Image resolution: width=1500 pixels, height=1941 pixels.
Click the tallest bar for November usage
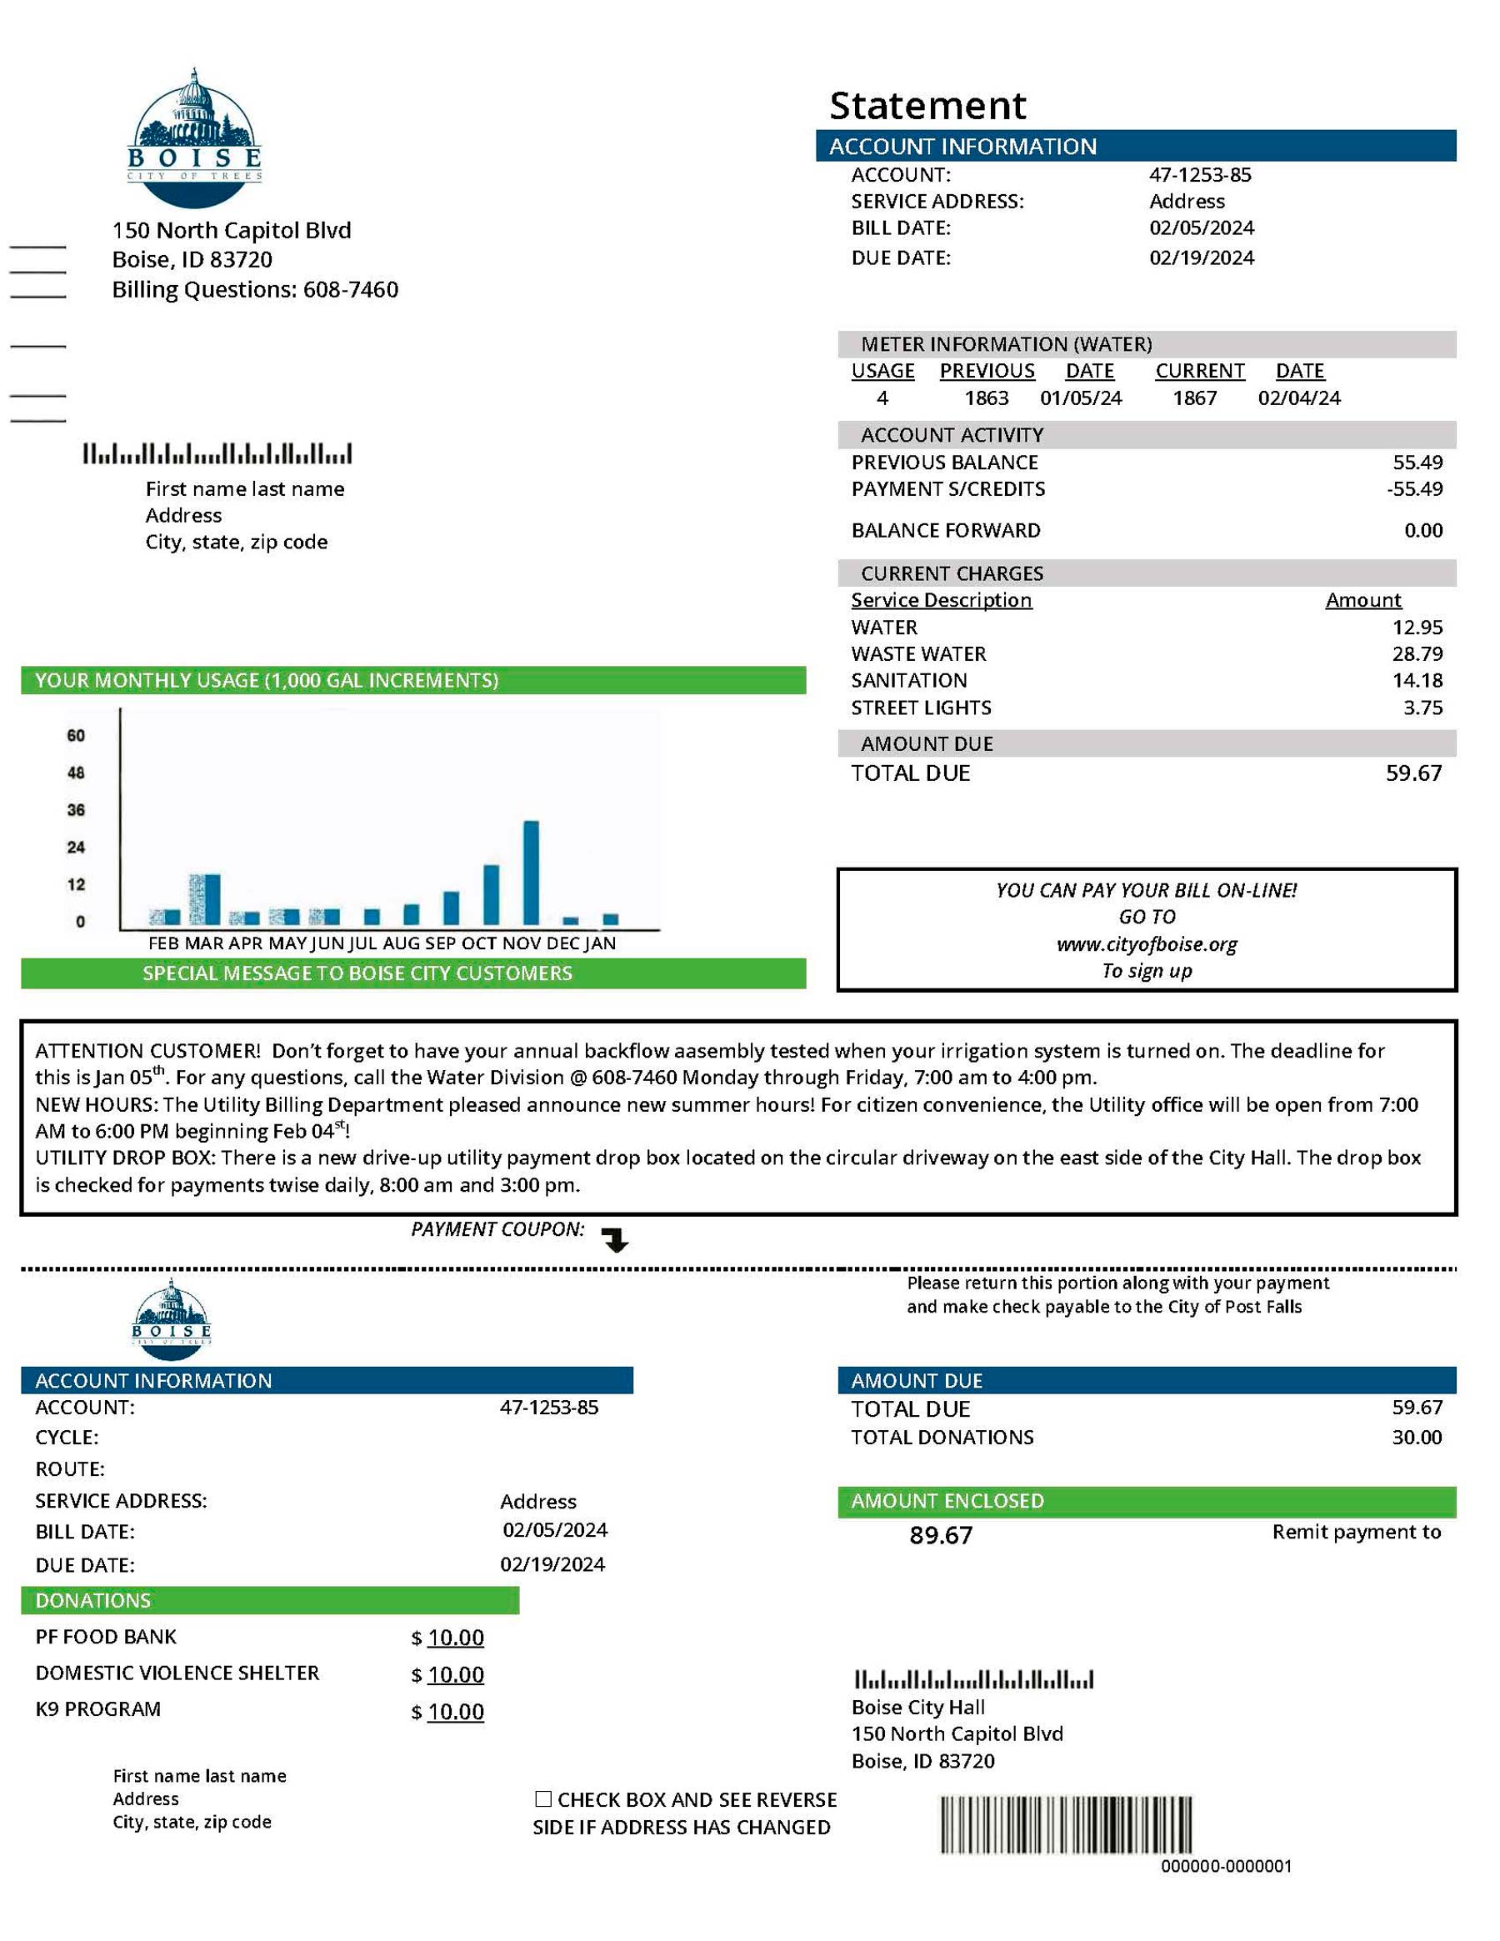tap(531, 872)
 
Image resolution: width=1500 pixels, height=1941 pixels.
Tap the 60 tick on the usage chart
tap(77, 735)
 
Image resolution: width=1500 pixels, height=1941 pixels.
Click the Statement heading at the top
tap(927, 106)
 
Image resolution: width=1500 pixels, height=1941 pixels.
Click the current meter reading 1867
tap(1194, 398)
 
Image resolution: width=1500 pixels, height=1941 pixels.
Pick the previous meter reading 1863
tap(987, 398)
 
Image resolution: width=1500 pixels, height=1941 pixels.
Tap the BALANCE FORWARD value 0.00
tap(1422, 531)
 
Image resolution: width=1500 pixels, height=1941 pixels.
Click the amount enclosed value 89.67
tap(940, 1536)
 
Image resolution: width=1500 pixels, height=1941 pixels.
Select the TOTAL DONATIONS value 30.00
tap(1417, 1438)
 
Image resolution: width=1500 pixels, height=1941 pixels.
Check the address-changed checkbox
tap(543, 1799)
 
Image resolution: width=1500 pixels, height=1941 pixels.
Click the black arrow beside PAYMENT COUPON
tap(615, 1240)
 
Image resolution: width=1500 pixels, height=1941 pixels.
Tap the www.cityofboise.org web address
tap(1147, 944)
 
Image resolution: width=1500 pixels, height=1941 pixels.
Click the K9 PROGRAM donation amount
tap(455, 1712)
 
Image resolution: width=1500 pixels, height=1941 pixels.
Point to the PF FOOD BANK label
tap(106, 1637)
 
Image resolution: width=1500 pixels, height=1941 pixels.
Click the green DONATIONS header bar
tap(269, 1601)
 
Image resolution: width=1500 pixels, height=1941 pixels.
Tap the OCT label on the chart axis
tap(479, 944)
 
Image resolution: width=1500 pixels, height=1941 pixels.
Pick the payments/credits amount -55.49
tap(1415, 489)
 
